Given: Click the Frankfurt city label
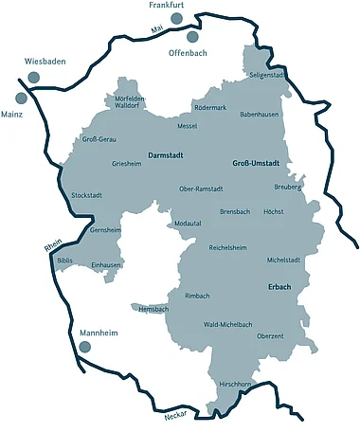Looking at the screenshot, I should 166,6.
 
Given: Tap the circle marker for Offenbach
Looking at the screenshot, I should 193,37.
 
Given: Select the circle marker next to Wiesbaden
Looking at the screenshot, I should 34,77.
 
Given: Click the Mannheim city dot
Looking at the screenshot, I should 85,348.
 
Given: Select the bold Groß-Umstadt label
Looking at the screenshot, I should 256,164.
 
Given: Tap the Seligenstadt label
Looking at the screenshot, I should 266,74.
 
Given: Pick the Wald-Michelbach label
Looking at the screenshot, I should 228,324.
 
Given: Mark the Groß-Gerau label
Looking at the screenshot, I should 99,139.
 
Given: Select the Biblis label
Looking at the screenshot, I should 64,260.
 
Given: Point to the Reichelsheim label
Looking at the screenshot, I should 227,247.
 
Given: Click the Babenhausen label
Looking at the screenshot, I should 259,114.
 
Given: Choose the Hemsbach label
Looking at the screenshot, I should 153,309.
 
